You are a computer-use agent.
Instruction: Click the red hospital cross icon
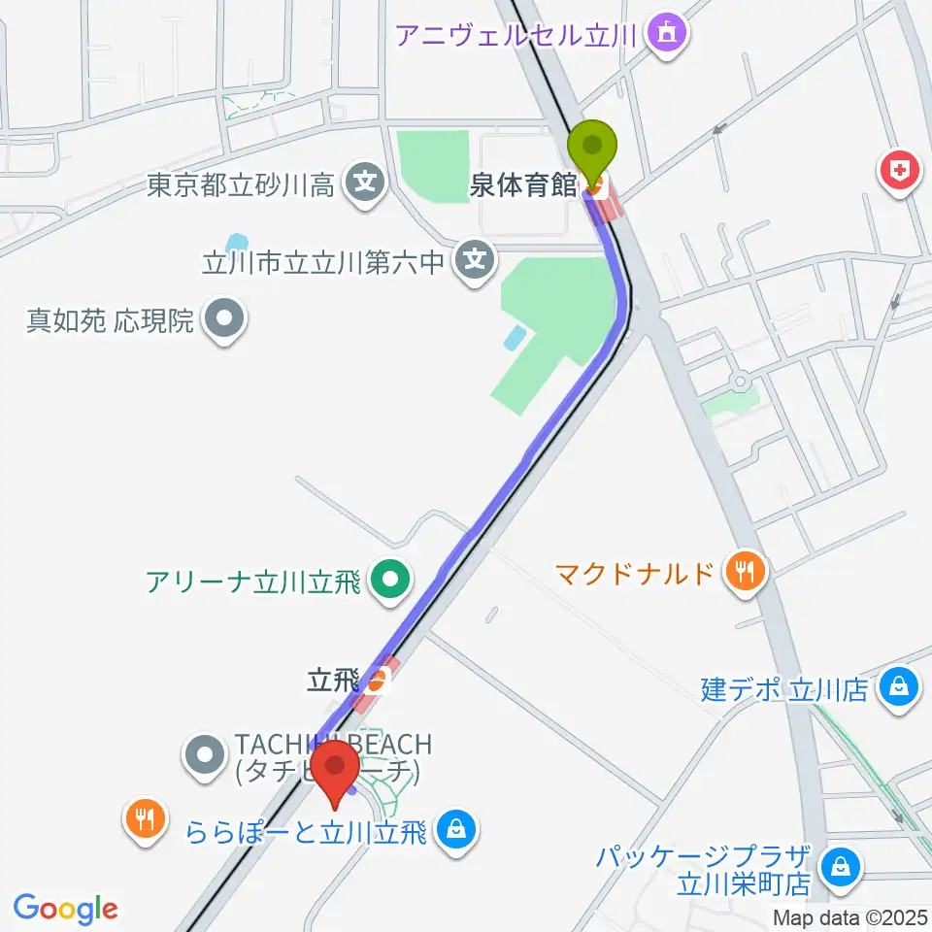click(x=900, y=172)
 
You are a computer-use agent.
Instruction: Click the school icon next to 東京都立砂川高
click(x=365, y=182)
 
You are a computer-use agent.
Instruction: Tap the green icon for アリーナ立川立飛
click(x=390, y=582)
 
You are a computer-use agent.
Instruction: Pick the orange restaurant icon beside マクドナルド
click(x=746, y=571)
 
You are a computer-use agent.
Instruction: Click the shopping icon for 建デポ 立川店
click(x=898, y=688)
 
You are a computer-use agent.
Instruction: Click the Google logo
click(x=65, y=908)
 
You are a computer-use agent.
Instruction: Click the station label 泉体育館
click(x=523, y=184)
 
